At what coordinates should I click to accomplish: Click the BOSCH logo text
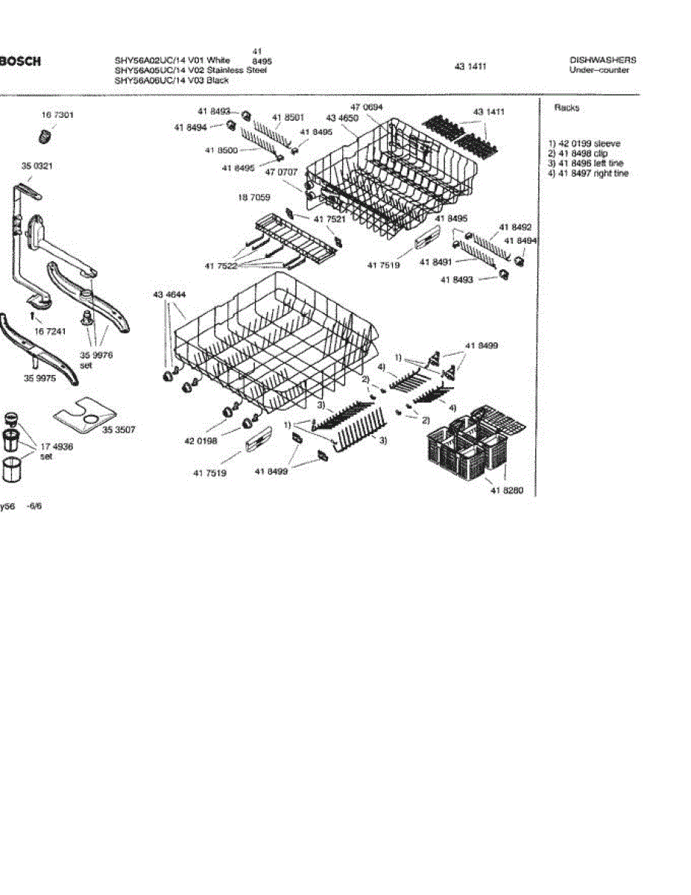tap(20, 60)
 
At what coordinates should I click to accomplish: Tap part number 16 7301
tap(57, 116)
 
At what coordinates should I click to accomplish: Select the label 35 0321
tap(37, 166)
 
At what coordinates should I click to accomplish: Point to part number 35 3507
tap(119, 430)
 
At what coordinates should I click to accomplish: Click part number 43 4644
tap(169, 295)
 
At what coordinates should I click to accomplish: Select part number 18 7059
tap(254, 198)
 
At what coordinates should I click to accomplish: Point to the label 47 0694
tap(366, 107)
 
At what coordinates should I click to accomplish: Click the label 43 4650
tap(342, 118)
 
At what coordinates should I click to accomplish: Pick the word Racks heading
tap(567, 107)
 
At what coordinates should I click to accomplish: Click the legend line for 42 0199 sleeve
tap(584, 143)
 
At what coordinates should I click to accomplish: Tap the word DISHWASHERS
tap(602, 60)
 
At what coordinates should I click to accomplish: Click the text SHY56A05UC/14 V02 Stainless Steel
tap(190, 70)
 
